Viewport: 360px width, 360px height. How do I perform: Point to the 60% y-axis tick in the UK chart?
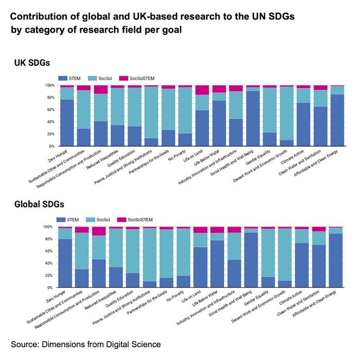(x=50, y=110)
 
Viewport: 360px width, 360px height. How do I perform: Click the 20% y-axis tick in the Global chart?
(x=50, y=276)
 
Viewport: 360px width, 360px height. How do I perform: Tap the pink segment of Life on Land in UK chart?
(x=202, y=90)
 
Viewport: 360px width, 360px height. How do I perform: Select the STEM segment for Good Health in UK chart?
(x=252, y=118)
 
